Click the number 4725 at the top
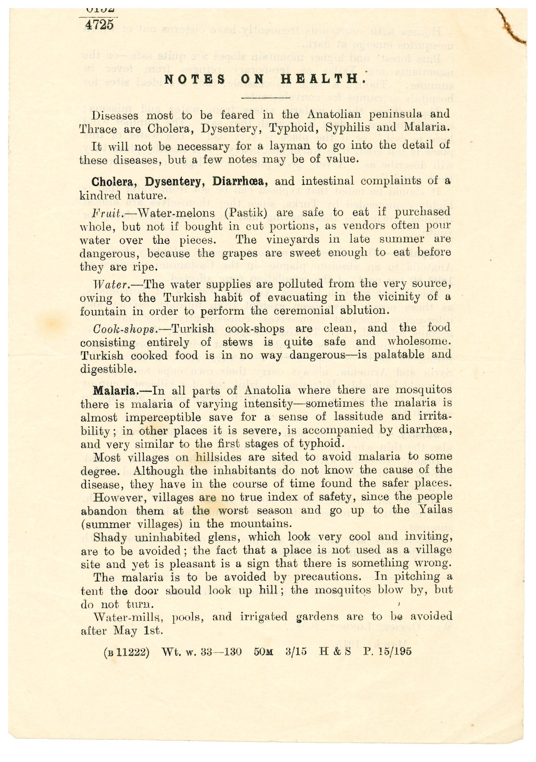99,25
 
